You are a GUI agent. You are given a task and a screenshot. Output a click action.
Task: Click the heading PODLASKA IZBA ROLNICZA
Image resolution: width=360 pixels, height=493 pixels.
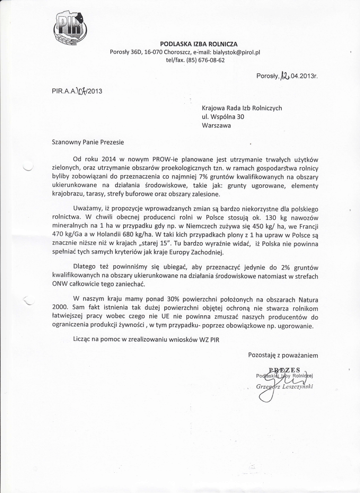click(199, 44)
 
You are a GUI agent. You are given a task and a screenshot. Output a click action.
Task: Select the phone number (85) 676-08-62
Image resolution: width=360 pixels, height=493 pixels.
click(205, 60)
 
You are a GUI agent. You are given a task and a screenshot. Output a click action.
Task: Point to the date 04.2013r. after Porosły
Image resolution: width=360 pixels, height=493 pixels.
click(304, 76)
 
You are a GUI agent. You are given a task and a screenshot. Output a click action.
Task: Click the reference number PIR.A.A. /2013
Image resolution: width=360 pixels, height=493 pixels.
click(77, 90)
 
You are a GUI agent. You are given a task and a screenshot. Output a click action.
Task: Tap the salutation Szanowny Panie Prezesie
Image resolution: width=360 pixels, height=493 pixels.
click(88, 142)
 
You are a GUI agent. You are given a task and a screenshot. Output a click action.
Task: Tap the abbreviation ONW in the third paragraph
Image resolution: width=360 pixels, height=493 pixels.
click(59, 284)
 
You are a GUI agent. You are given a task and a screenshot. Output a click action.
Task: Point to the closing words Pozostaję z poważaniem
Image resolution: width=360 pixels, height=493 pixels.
click(283, 355)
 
